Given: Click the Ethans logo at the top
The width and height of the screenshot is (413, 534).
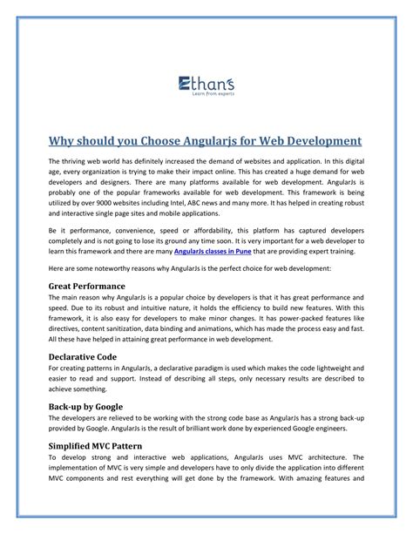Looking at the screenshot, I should pos(206,84).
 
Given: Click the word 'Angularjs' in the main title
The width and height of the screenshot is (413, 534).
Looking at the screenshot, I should pos(202,141).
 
